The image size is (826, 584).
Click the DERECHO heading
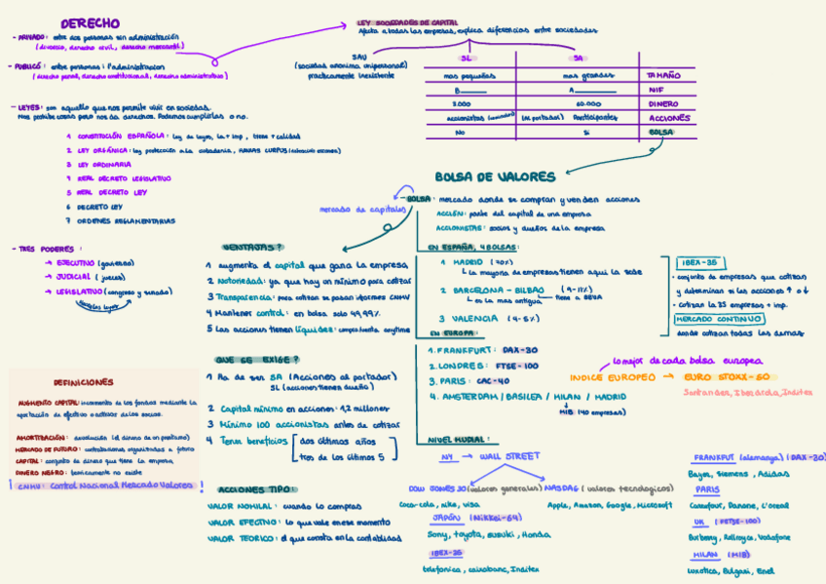[x=90, y=22]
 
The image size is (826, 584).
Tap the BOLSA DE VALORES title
[x=495, y=176]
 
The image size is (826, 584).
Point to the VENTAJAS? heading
[x=245, y=247]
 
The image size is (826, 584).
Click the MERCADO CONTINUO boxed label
[x=719, y=318]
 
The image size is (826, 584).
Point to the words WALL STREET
[x=508, y=455]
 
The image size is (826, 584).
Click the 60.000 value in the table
[x=588, y=102]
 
